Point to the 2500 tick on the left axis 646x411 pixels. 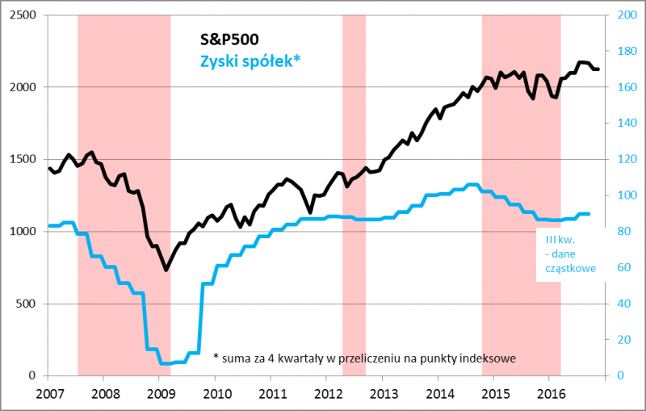22,15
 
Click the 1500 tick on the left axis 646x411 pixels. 22,159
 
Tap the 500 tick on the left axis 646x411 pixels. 25,304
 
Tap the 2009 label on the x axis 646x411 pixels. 160,394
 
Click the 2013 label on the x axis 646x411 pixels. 382,394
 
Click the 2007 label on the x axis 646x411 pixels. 48,394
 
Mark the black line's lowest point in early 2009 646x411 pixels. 166,269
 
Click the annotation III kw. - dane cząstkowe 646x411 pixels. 569,254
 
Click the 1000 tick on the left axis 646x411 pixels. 22,232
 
